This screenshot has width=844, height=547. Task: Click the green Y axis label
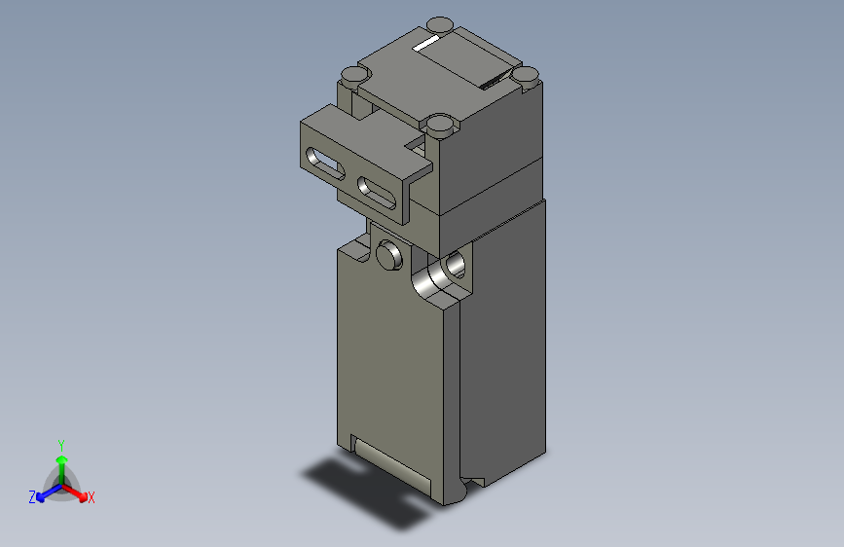61,443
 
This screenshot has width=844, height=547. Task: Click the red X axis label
92,498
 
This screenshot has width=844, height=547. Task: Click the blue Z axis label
32,497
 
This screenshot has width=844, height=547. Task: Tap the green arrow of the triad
61,461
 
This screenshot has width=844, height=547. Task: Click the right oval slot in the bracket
377,190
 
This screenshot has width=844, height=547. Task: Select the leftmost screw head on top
351,74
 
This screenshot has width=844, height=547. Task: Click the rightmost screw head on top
526,74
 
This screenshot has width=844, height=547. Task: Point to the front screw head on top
438,124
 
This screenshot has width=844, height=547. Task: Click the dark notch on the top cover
495,82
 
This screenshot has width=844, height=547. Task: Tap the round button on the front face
388,256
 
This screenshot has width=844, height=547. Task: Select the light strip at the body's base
391,465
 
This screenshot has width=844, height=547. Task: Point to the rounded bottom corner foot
457,492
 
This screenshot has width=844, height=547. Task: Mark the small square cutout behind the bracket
417,145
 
